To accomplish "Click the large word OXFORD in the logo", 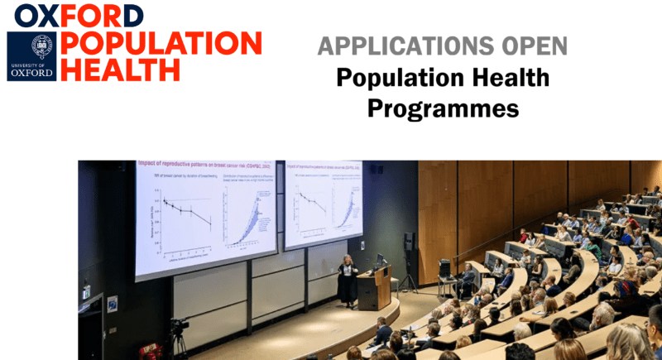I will [x=79, y=15].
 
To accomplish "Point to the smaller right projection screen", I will [x=323, y=203].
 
